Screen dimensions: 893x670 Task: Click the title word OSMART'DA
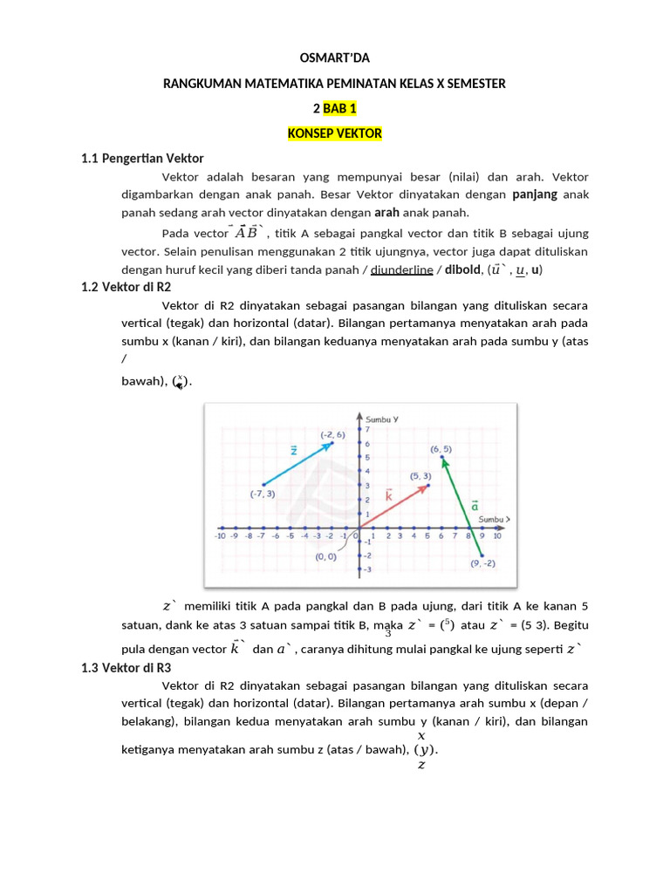[x=334, y=58]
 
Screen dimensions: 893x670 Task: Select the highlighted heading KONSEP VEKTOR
[x=334, y=133]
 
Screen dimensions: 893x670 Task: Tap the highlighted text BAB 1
[x=340, y=108]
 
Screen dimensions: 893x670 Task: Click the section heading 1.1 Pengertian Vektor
[x=142, y=159]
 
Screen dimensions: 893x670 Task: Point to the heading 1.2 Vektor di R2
[x=126, y=287]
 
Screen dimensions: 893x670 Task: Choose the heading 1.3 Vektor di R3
[x=126, y=668]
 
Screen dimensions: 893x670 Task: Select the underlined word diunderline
[x=402, y=269]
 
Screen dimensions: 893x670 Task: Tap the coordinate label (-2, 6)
[x=332, y=433]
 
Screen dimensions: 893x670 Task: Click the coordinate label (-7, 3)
[x=262, y=494]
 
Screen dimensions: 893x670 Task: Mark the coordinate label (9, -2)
[x=482, y=563]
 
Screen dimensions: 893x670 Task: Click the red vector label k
[x=389, y=495]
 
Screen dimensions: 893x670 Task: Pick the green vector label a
[x=475, y=505]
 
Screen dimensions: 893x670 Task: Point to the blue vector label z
[x=294, y=451]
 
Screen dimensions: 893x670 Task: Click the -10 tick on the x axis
[x=222, y=536]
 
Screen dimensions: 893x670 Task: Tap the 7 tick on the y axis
[x=367, y=429]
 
